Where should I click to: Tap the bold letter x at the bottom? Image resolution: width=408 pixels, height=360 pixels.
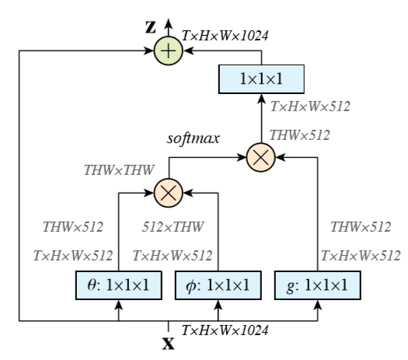click(x=168, y=341)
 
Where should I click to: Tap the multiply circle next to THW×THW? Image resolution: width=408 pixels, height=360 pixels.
click(x=168, y=191)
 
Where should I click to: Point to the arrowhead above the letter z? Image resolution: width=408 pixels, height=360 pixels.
click(x=168, y=12)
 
